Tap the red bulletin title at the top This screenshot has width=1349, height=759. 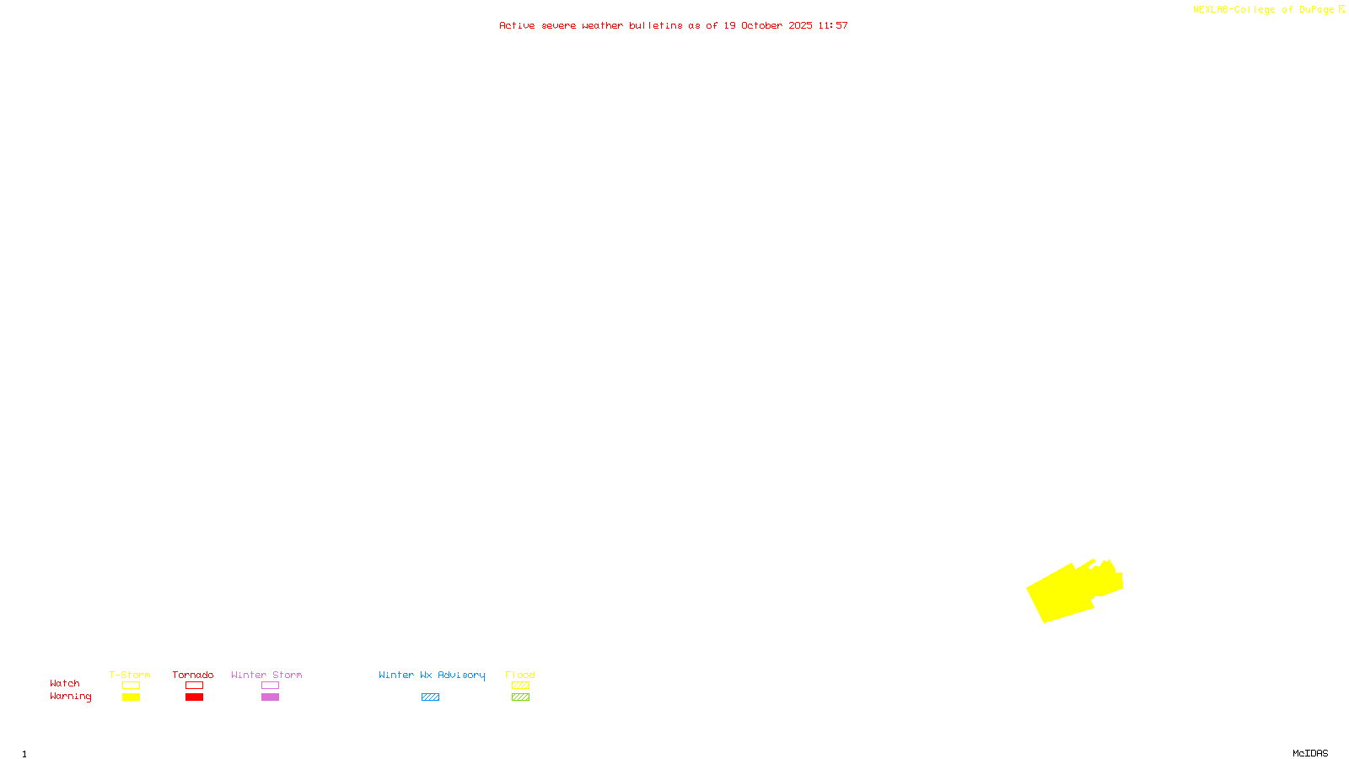[673, 25]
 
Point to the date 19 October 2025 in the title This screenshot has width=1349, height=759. [768, 25]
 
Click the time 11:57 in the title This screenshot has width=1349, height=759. [833, 25]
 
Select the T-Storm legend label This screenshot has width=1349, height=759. [130, 675]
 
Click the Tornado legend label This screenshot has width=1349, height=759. [193, 675]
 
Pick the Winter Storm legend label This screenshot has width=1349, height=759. [266, 675]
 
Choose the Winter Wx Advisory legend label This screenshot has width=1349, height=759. [432, 675]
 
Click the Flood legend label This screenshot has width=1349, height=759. [520, 675]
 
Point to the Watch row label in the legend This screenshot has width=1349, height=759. [65, 683]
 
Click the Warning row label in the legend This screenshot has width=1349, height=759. [71, 697]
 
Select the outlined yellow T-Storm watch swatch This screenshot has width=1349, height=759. [131, 686]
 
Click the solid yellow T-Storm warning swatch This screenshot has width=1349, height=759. [131, 697]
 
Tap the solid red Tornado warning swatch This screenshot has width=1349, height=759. [194, 697]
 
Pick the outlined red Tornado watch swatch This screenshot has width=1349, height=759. [194, 686]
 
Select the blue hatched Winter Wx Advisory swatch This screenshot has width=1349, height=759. [430, 697]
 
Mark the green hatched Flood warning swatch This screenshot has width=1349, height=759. [520, 697]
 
